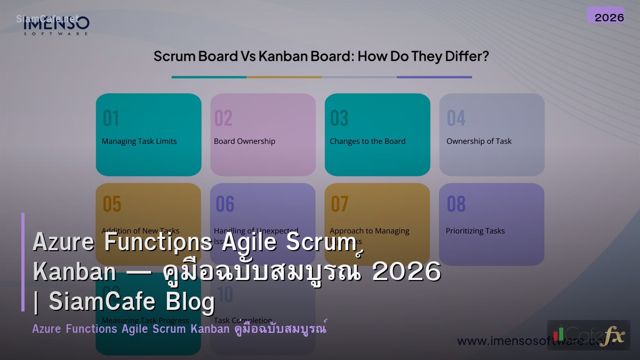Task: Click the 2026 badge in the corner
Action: (x=609, y=17)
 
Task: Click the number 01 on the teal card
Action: (x=111, y=118)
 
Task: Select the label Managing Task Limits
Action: (x=139, y=141)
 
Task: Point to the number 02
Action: (x=223, y=118)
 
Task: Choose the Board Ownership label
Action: (x=245, y=141)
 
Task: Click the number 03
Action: (x=339, y=118)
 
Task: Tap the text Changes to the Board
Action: (x=367, y=141)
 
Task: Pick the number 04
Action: (x=456, y=118)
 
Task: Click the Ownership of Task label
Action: (x=479, y=141)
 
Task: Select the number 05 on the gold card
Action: (x=112, y=204)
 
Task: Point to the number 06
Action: (x=225, y=204)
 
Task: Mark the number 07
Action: (x=340, y=204)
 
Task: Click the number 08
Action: (x=456, y=204)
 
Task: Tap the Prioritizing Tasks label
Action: (x=475, y=231)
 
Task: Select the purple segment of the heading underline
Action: (x=434, y=77)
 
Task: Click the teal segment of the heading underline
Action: (x=209, y=77)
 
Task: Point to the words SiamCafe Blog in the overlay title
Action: (x=132, y=302)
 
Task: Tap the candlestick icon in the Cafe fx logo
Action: (x=558, y=334)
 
